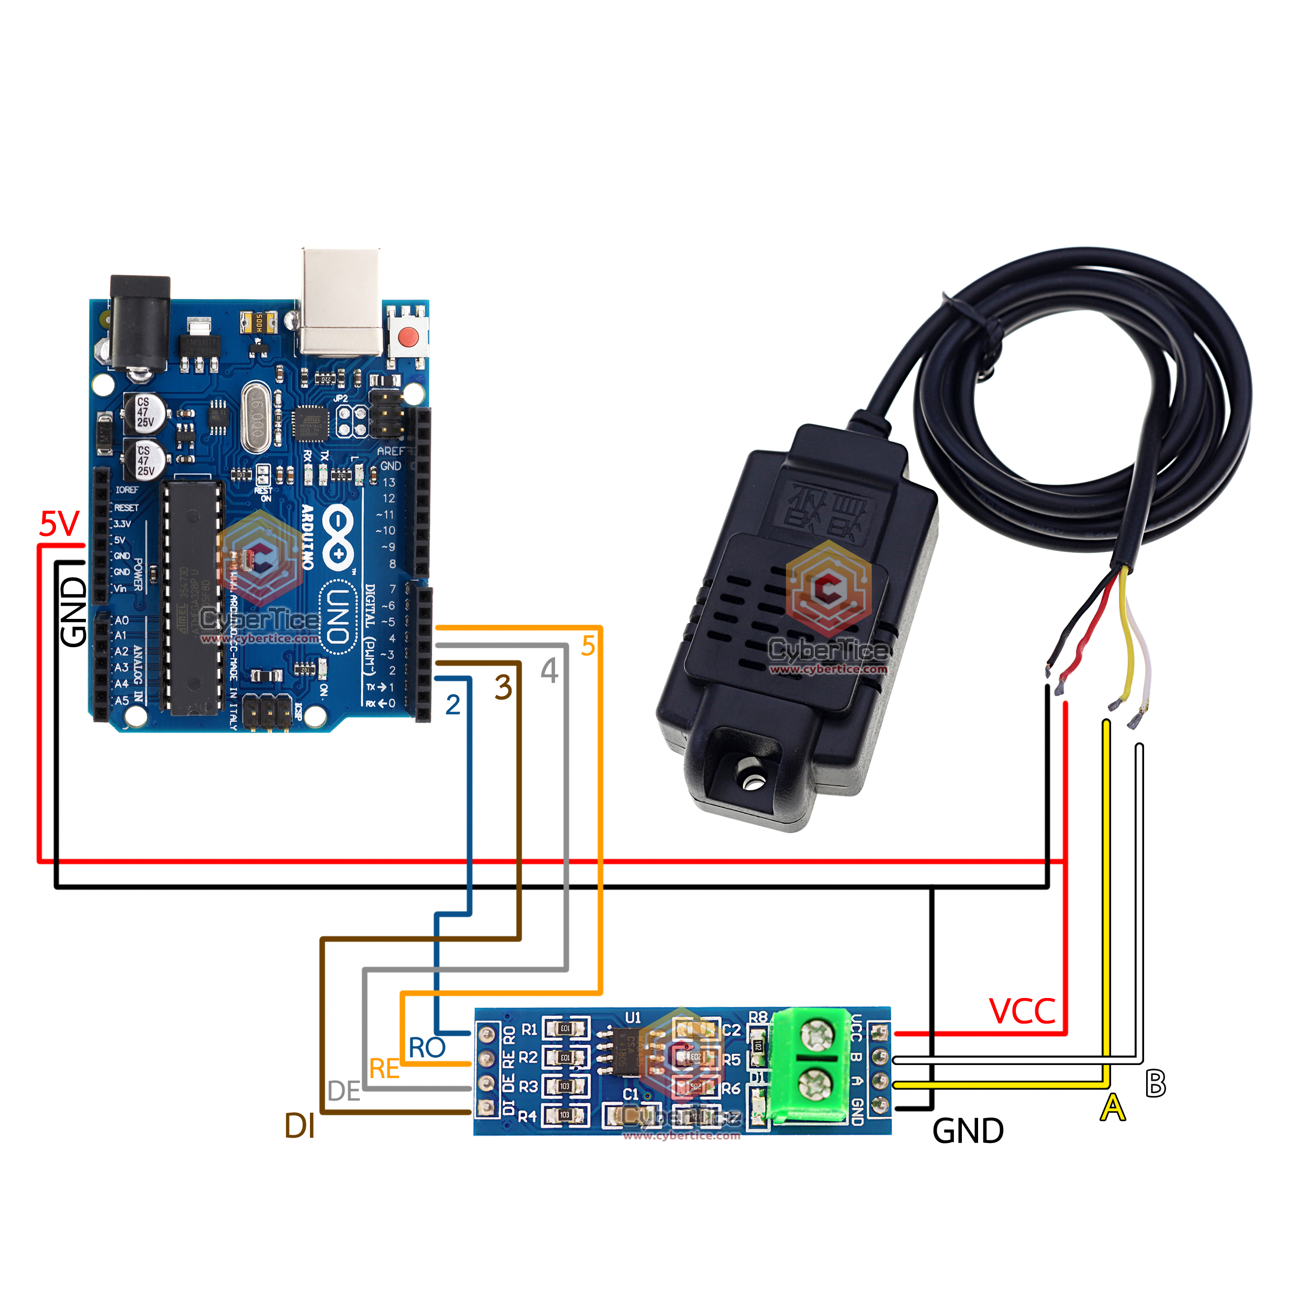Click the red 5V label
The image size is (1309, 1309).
coord(60,524)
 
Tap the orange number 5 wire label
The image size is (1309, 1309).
coord(588,646)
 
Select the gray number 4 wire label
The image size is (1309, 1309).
coord(549,671)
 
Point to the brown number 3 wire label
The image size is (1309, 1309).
coord(503,687)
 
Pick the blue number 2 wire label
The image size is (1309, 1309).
coord(452,705)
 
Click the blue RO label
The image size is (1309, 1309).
coord(427,1048)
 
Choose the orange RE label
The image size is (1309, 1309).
coord(384,1070)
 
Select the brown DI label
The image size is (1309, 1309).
coord(299,1126)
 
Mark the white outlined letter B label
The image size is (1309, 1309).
coord(1155,1083)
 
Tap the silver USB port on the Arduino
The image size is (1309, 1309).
coord(341,302)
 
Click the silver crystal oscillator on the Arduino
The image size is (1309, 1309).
coord(256,417)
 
